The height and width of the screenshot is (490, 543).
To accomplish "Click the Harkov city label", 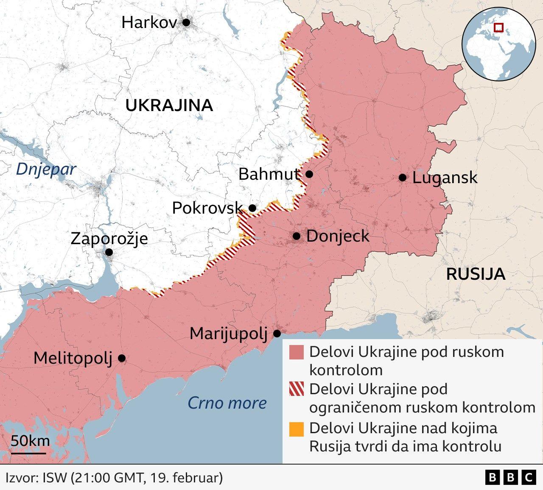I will click(149, 22).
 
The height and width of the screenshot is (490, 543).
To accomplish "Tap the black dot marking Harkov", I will click(186, 22).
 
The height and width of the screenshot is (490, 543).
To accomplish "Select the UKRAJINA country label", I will click(169, 105).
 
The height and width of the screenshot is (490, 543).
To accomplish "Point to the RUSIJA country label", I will click(476, 274).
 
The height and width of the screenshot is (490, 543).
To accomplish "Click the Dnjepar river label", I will click(46, 169).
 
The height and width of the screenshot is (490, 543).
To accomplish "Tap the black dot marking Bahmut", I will click(309, 174).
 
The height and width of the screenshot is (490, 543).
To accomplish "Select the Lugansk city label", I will click(445, 178).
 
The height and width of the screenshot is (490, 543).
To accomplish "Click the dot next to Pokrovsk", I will click(252, 208).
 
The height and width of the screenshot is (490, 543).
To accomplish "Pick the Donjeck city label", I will click(338, 236).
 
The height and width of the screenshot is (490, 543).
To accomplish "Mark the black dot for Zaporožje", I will click(109, 252).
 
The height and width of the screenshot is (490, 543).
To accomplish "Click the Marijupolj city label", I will click(228, 334).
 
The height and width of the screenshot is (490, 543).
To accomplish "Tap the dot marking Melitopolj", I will click(122, 358).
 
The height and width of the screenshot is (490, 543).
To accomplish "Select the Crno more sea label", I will click(227, 403).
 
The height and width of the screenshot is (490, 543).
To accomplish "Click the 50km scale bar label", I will click(30, 441).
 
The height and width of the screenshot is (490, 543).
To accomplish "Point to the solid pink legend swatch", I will click(297, 352).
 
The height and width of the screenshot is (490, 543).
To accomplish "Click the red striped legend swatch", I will click(297, 389).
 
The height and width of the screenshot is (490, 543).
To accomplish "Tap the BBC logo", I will click(510, 478).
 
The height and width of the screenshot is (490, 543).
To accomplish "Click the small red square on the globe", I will click(499, 28).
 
